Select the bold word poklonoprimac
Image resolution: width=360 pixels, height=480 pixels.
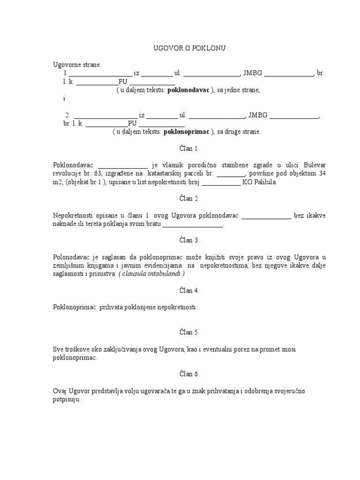click(187, 132)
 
